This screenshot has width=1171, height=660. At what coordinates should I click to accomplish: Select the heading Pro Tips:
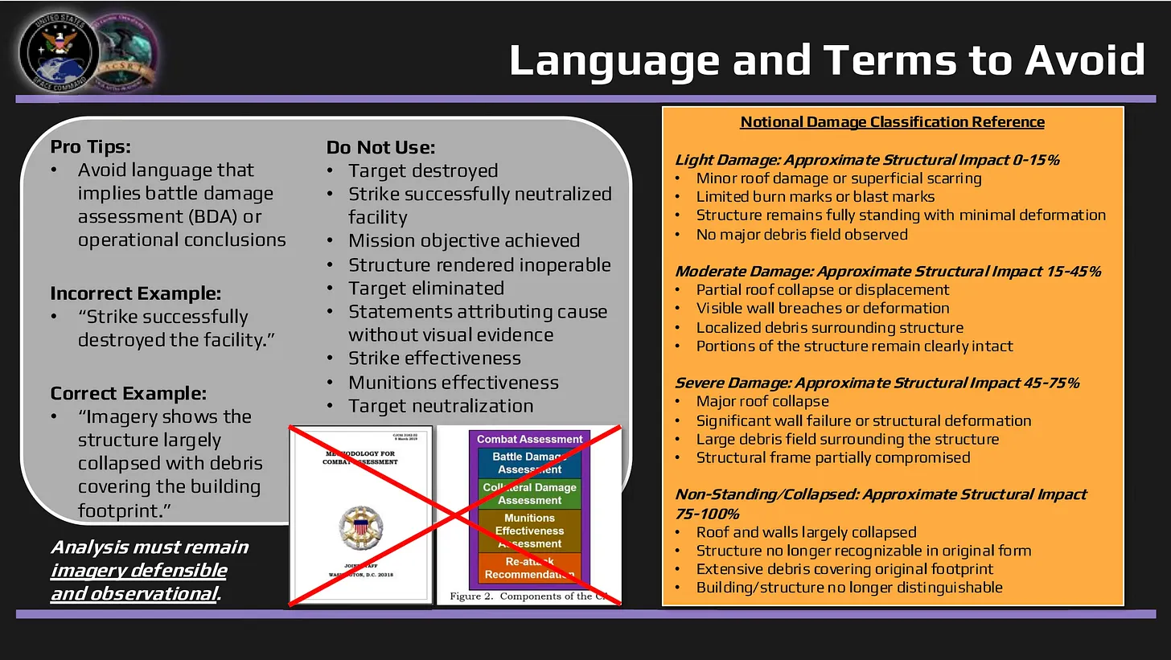[x=90, y=147]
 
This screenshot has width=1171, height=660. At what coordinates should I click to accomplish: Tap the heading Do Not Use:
[x=380, y=147]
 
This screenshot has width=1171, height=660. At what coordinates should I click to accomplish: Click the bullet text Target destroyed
[x=423, y=171]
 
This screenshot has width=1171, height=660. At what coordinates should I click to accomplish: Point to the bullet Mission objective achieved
[x=464, y=241]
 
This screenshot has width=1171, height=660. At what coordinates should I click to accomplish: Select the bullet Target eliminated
[x=426, y=289]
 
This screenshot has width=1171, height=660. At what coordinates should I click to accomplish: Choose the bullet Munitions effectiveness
[x=454, y=383]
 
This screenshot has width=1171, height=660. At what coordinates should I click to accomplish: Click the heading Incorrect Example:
[x=135, y=293]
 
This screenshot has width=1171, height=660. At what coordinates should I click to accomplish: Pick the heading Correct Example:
[x=128, y=393]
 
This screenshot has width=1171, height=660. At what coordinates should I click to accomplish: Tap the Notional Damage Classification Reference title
[x=892, y=122]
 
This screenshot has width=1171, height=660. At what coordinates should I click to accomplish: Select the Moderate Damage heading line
[x=888, y=272]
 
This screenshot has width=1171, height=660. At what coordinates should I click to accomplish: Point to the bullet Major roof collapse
[x=762, y=401]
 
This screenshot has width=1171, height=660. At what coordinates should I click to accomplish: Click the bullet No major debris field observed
[x=802, y=235]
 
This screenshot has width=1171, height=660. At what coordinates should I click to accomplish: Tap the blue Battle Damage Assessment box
[x=529, y=463]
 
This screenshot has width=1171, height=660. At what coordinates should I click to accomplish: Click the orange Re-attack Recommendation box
[x=529, y=568]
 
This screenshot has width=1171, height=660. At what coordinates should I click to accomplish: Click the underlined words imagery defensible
[x=138, y=571]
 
